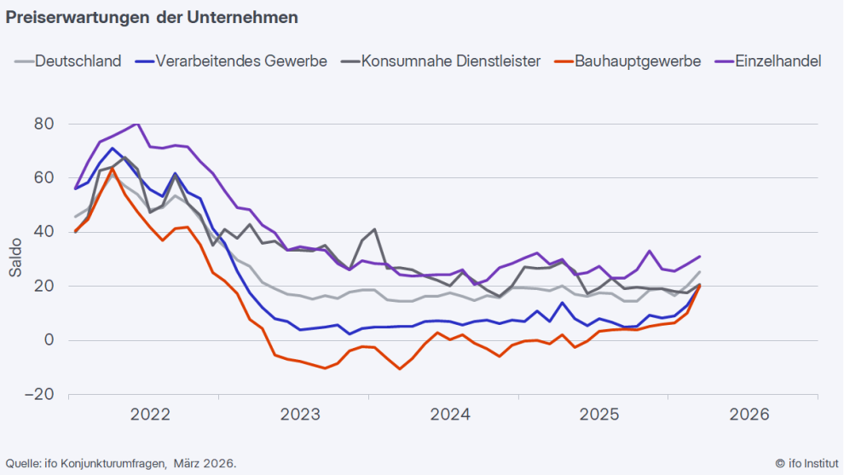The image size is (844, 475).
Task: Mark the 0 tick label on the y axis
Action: [49, 340]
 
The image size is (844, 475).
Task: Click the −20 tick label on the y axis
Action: [39, 395]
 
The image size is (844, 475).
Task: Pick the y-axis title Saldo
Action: [15, 259]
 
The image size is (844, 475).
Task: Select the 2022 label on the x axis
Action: [151, 414]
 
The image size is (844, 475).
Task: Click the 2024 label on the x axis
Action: [450, 414]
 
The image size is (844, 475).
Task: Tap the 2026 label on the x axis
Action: [749, 414]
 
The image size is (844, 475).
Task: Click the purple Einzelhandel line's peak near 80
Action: [136, 124]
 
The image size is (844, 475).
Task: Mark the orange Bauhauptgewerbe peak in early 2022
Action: [113, 169]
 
